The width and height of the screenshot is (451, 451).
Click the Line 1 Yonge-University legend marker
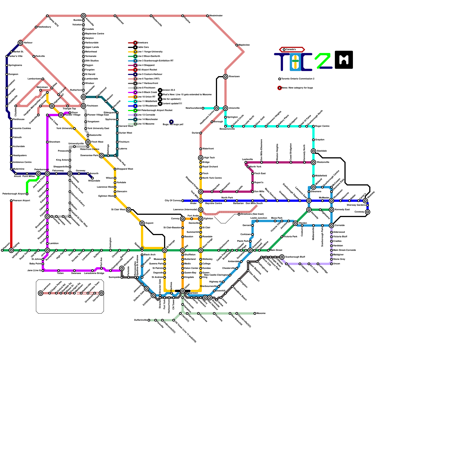(135, 52)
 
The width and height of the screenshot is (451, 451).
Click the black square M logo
(344, 60)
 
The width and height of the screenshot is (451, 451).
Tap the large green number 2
(323, 60)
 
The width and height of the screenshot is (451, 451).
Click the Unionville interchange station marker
(225, 108)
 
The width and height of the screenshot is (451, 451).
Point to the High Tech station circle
(201, 158)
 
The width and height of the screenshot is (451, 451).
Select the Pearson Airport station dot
(11, 201)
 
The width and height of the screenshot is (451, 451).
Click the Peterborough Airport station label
(14, 194)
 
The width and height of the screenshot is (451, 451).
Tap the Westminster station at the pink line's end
(207, 16)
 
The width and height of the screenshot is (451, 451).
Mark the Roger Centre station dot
(313, 126)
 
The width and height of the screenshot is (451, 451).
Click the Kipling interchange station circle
(11, 250)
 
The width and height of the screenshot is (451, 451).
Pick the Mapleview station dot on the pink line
(237, 45)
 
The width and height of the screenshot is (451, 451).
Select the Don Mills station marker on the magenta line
(253, 192)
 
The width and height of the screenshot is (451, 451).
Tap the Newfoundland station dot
(203, 108)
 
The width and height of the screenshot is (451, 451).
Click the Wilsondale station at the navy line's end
(92, 178)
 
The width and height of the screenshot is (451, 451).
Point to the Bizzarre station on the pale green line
(255, 313)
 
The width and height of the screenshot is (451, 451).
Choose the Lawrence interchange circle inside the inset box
(41, 293)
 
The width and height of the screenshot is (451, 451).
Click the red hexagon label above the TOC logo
(292, 50)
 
